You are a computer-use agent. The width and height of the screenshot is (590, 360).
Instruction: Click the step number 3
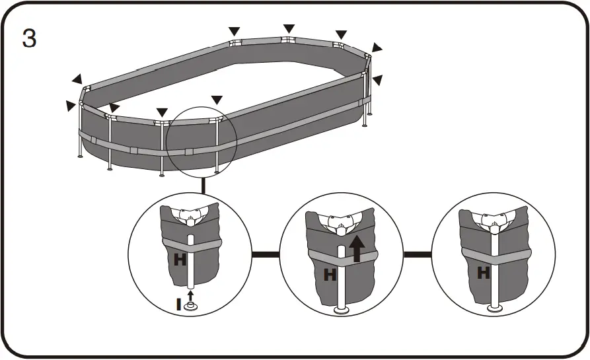point(30,38)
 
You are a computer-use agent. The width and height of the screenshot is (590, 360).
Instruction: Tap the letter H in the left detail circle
point(180,260)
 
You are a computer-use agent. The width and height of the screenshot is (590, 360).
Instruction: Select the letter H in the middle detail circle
point(330,274)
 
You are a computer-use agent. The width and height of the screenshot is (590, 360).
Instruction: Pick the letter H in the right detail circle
point(484,271)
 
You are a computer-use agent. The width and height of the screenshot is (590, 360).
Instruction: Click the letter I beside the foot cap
point(178,305)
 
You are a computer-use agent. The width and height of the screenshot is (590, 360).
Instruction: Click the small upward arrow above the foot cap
point(190,293)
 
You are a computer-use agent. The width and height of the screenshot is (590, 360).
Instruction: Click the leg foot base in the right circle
point(494,308)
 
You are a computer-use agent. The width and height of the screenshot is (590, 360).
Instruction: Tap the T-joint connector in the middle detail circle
point(342,225)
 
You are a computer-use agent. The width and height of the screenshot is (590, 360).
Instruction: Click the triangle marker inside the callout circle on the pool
point(217,100)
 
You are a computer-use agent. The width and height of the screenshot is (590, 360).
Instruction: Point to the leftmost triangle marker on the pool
point(71,105)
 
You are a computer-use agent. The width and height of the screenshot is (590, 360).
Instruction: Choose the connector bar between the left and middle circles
point(265,254)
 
